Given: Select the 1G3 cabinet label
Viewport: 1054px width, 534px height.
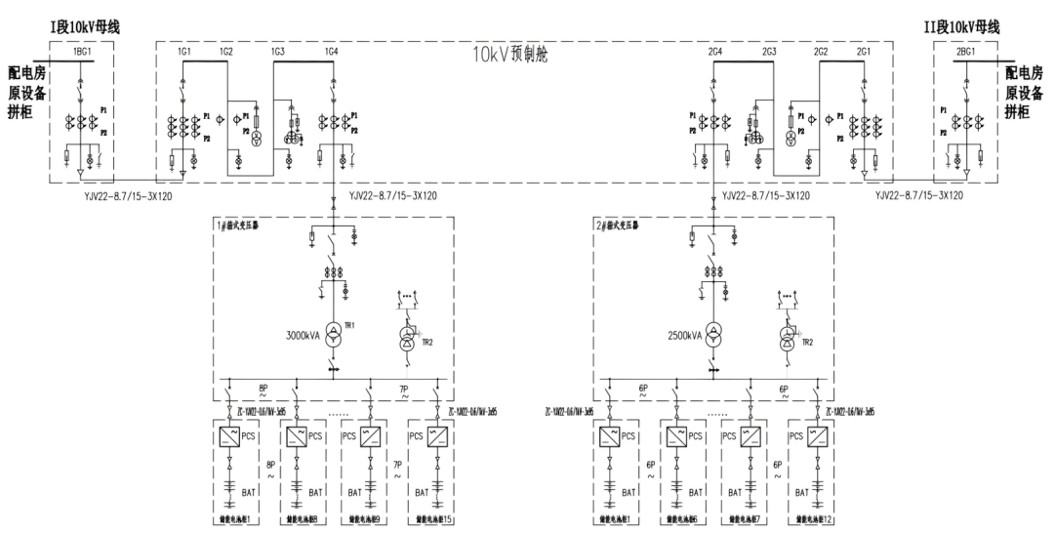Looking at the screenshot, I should click(278, 51).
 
